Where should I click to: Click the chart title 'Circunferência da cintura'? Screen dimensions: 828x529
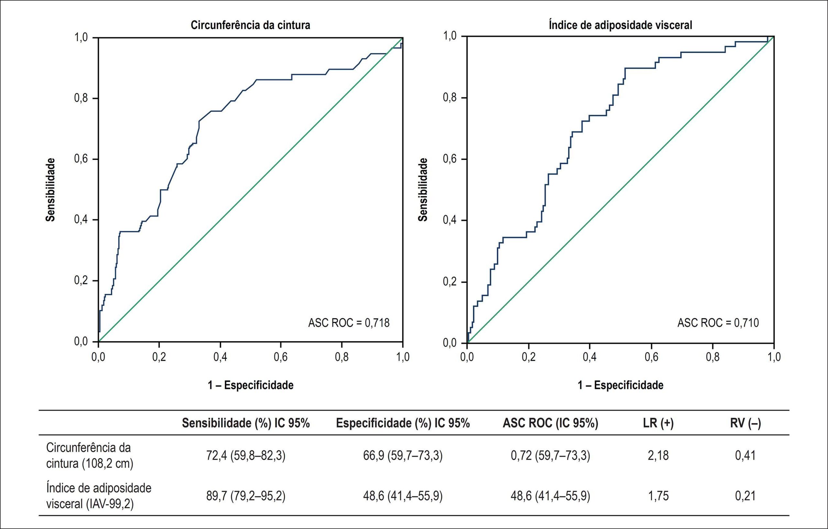[250, 25]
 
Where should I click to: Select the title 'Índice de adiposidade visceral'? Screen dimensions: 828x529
[620, 25]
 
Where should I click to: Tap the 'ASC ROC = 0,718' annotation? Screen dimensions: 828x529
[349, 323]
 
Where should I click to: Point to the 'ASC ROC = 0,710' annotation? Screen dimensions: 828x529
[718, 323]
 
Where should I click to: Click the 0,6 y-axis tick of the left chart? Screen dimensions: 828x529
[81, 159]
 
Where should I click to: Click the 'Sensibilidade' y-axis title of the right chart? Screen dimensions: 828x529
[423, 190]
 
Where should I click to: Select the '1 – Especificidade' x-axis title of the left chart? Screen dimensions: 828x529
[250, 385]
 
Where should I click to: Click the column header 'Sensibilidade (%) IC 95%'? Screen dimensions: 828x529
[246, 423]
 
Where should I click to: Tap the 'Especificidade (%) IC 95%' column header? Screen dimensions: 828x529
[403, 423]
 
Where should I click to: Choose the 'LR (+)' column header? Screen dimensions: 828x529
[658, 423]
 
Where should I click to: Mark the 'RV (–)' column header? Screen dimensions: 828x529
[746, 423]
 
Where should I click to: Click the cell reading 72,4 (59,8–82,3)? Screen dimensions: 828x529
[246, 456]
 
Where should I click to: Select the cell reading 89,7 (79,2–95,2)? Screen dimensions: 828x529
[246, 496]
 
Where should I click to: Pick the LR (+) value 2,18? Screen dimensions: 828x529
[658, 456]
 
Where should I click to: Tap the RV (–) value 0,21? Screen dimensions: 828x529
[746, 496]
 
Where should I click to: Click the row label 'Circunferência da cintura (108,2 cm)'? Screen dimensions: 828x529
[90, 456]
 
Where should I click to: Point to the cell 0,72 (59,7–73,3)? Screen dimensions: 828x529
[550, 456]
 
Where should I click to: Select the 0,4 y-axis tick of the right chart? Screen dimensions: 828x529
[450, 220]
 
